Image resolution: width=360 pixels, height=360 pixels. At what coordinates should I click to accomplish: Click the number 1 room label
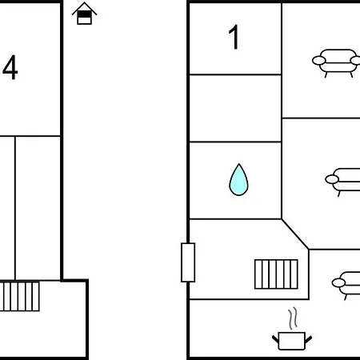pyautogui.click(x=234, y=37)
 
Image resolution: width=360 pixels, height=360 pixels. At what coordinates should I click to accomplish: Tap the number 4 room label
pyautogui.click(x=10, y=67)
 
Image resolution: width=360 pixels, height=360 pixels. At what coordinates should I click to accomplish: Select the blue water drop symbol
pyautogui.click(x=238, y=180)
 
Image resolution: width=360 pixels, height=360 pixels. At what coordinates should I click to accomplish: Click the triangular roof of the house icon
pyautogui.click(x=84, y=8)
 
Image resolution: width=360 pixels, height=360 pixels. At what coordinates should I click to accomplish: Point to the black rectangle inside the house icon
pyautogui.click(x=84, y=14)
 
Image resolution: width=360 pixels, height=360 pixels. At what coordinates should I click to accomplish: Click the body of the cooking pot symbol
pyautogui.click(x=291, y=341)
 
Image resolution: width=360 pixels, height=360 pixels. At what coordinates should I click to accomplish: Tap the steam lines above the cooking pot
pyautogui.click(x=293, y=318)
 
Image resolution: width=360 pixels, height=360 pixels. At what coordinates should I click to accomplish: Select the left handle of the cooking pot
pyautogui.click(x=275, y=339)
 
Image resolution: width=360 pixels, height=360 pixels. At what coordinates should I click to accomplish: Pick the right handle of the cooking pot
pyautogui.click(x=308, y=339)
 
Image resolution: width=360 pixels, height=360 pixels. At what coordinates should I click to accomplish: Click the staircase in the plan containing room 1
pyautogui.click(x=276, y=274)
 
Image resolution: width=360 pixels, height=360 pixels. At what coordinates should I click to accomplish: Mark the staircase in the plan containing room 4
pyautogui.click(x=19, y=296)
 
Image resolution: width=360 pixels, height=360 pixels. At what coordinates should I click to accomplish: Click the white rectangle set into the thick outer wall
pyautogui.click(x=188, y=262)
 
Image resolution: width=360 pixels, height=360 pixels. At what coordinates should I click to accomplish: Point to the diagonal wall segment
pyautogui.click(x=295, y=234)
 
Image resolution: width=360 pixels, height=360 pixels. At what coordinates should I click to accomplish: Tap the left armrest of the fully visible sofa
pyautogui.click(x=319, y=61)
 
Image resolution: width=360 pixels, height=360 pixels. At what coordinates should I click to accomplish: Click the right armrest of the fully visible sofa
pyautogui.click(x=355, y=61)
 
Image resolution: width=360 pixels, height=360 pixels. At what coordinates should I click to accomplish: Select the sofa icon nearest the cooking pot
pyautogui.click(x=346, y=285)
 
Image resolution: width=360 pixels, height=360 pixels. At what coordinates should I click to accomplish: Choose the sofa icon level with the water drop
pyautogui.click(x=343, y=182)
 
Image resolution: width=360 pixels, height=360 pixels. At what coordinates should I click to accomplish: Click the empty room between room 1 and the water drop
pyautogui.click(x=235, y=108)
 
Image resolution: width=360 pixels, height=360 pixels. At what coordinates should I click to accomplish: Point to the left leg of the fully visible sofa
pyautogui.click(x=326, y=74)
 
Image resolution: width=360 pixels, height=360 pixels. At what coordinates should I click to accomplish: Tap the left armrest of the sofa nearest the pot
pyautogui.click(x=338, y=282)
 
